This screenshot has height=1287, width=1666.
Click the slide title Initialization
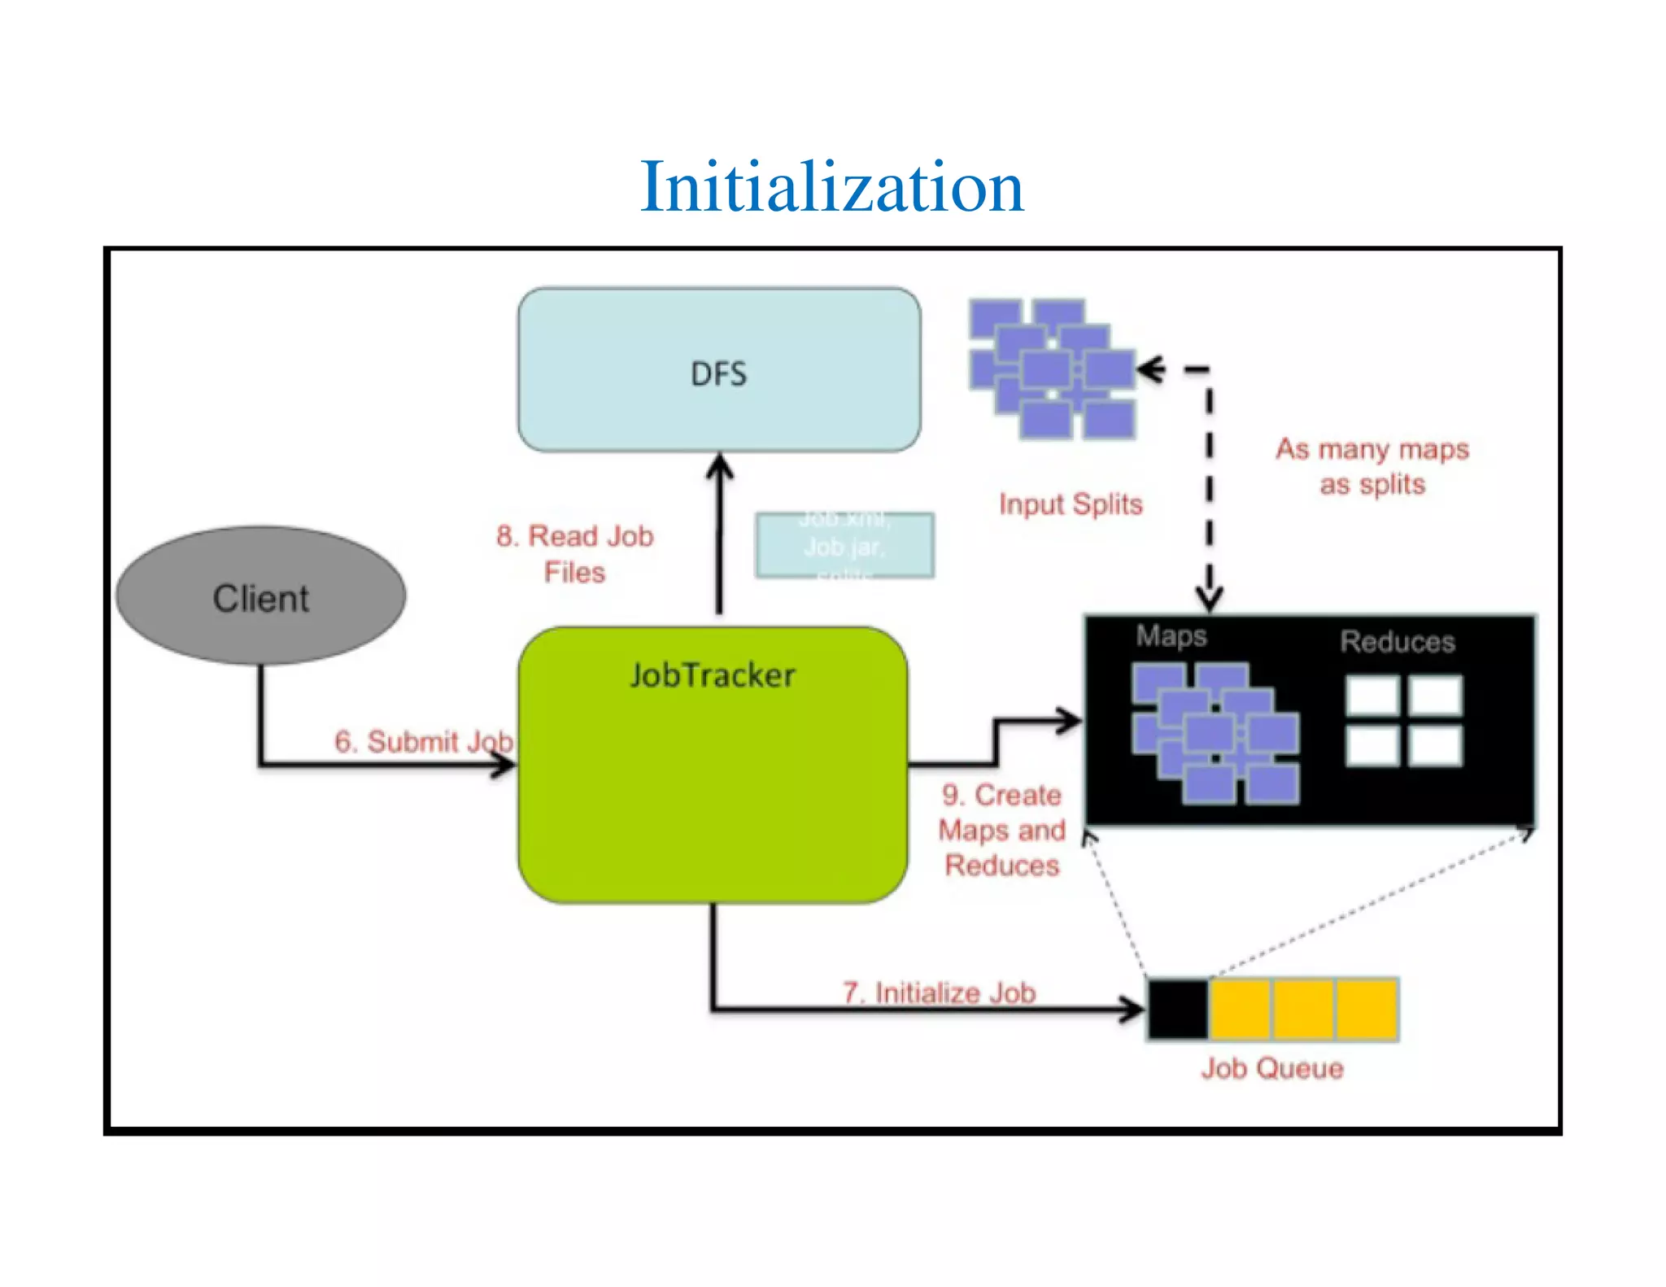click(x=831, y=187)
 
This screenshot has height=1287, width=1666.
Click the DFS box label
click(x=718, y=374)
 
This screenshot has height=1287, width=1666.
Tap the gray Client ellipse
click(x=260, y=596)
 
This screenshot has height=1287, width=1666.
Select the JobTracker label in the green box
click(x=713, y=675)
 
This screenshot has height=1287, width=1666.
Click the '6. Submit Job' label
click(x=424, y=741)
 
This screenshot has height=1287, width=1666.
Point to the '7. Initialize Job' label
click(x=939, y=993)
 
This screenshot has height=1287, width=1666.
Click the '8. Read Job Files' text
click(x=574, y=553)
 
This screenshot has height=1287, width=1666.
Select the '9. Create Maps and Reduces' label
click(x=1001, y=830)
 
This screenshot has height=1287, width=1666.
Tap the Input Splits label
click(x=1071, y=504)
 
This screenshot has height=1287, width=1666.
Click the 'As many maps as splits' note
click(x=1372, y=466)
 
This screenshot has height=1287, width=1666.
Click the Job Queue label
click(x=1271, y=1068)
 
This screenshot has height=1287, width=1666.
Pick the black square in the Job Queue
click(x=1177, y=1010)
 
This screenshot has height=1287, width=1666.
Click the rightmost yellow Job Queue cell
click(x=1367, y=1010)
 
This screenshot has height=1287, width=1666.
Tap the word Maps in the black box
click(x=1171, y=635)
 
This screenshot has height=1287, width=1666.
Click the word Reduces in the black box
click(x=1398, y=642)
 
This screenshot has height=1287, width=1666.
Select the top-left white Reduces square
click(x=1372, y=696)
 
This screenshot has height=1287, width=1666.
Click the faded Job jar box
click(x=844, y=546)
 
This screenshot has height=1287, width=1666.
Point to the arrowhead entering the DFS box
click(x=719, y=465)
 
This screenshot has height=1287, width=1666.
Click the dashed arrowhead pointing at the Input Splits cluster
click(x=1149, y=369)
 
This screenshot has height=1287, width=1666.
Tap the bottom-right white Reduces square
click(x=1436, y=745)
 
